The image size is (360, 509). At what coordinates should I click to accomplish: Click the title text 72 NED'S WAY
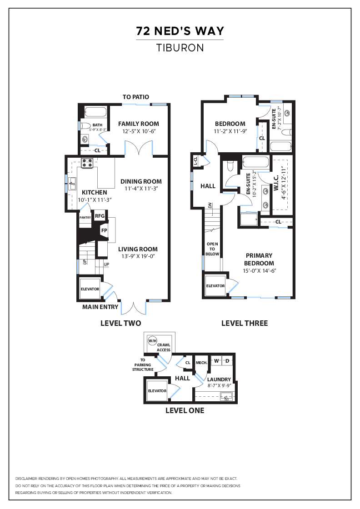tap(180, 31)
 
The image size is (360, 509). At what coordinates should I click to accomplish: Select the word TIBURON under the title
tap(180, 48)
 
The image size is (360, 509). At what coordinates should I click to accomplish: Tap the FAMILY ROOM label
tap(139, 124)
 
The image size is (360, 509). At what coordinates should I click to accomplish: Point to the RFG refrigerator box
tap(100, 216)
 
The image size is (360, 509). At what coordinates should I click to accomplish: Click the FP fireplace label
tap(104, 230)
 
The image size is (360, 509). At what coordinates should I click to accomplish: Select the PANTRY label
tap(85, 218)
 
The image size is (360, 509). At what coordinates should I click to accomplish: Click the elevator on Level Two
tap(90, 289)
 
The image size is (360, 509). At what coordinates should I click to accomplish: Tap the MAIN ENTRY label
tap(100, 307)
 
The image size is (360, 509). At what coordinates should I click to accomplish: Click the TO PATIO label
tap(136, 97)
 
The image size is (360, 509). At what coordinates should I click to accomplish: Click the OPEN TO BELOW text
tap(212, 249)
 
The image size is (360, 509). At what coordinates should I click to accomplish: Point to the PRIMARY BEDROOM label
tap(259, 259)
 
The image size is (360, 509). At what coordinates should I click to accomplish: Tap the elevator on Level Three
tap(215, 286)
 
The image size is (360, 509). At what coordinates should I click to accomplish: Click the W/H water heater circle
tap(152, 341)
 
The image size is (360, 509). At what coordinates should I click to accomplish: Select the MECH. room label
tap(201, 363)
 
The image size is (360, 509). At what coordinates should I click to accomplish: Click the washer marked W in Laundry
tap(217, 361)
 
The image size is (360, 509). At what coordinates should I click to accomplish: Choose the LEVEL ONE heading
tap(185, 410)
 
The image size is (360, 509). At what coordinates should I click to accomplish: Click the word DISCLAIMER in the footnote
tap(27, 479)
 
